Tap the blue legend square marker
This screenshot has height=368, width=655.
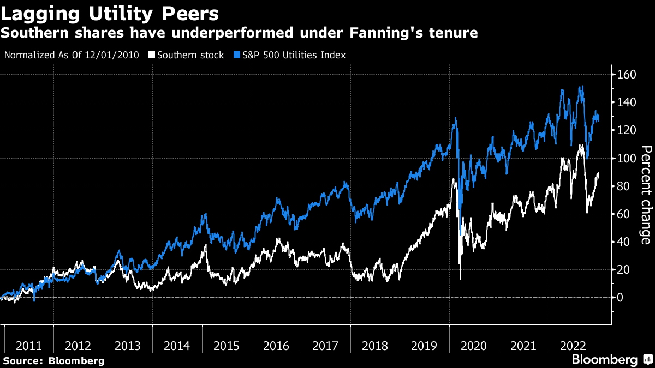pyautogui.click(x=237, y=55)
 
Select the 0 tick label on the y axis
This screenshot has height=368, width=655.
pyautogui.click(x=620, y=298)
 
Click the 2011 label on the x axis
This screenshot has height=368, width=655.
pyautogui.click(x=29, y=346)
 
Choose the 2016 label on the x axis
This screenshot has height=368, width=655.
pyautogui.click(x=276, y=346)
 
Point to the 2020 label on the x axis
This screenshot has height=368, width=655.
pyautogui.click(x=474, y=346)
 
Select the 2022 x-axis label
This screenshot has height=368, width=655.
pyautogui.click(x=573, y=346)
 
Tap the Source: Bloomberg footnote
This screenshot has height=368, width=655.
pyautogui.click(x=53, y=360)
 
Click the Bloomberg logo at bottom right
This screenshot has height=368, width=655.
pyautogui.click(x=605, y=360)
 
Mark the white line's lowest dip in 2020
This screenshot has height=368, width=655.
pyautogui.click(x=460, y=279)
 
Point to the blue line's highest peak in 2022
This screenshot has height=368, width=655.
pyautogui.click(x=582, y=86)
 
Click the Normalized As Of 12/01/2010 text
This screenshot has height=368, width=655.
pyautogui.click(x=71, y=55)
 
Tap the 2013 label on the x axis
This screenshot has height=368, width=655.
pyautogui.click(x=128, y=346)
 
